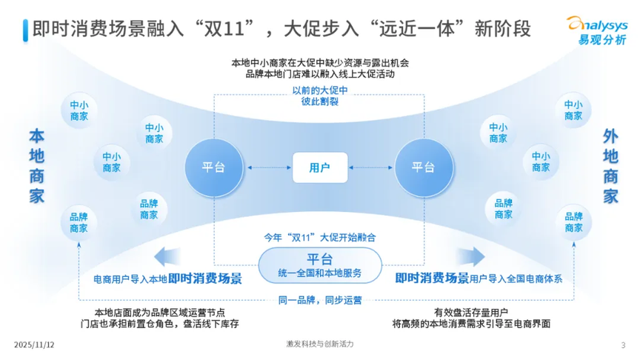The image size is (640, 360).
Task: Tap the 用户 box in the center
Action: coord(320,167)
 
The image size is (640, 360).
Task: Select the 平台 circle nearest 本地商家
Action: coord(213,167)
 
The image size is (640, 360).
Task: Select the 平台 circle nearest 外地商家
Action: coord(423,167)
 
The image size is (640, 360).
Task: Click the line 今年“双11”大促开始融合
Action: coord(320,239)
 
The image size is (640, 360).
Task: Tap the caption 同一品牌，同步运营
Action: coord(320,301)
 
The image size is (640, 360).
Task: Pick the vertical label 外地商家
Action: coord(610,167)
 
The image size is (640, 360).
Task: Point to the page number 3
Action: coord(623,345)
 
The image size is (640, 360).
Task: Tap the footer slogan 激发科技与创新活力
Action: coord(320,345)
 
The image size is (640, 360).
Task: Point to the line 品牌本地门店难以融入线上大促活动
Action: coord(320,74)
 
